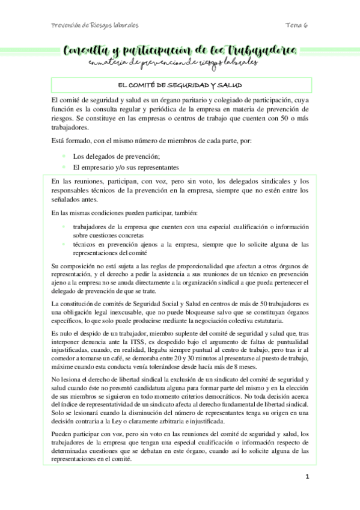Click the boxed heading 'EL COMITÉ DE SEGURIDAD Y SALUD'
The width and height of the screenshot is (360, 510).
[x=180, y=84]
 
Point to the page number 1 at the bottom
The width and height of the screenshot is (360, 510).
[x=307, y=478]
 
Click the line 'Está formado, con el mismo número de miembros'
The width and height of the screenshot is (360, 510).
[x=152, y=141]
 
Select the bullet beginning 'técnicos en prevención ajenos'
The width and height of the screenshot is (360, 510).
[x=190, y=244]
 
